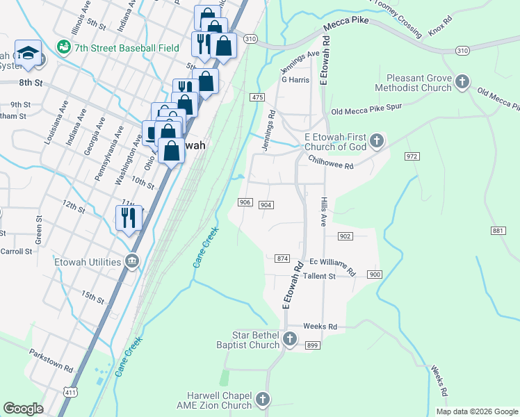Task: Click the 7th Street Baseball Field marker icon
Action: pos(64,47)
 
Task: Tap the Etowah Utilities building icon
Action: pos(132,262)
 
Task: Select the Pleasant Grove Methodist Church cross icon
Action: pos(463,83)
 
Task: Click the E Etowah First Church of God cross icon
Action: pos(376,142)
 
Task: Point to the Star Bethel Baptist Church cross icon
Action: pos(289,340)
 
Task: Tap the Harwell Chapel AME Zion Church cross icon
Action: pos(262,400)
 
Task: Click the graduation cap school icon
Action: pos(28,53)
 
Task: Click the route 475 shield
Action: pos(258,97)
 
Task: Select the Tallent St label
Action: pos(323,276)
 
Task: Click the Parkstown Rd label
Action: pos(51,360)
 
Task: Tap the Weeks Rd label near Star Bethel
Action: pos(320,326)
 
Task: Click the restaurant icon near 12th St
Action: pos(129,218)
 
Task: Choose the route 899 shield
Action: pos(312,345)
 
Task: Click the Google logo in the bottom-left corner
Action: pos(23,408)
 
